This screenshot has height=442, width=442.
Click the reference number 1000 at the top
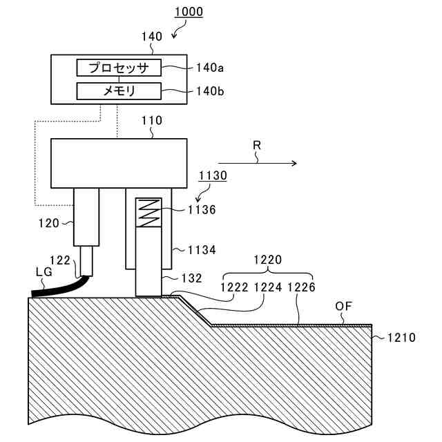tap(189, 12)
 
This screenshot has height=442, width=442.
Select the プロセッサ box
tap(118, 67)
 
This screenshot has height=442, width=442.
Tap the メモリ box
tap(118, 90)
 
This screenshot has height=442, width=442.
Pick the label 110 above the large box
tap(151, 120)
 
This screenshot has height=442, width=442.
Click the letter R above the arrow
tap(257, 146)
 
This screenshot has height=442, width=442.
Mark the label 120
tap(49, 223)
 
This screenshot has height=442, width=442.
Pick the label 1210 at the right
tap(401, 338)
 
